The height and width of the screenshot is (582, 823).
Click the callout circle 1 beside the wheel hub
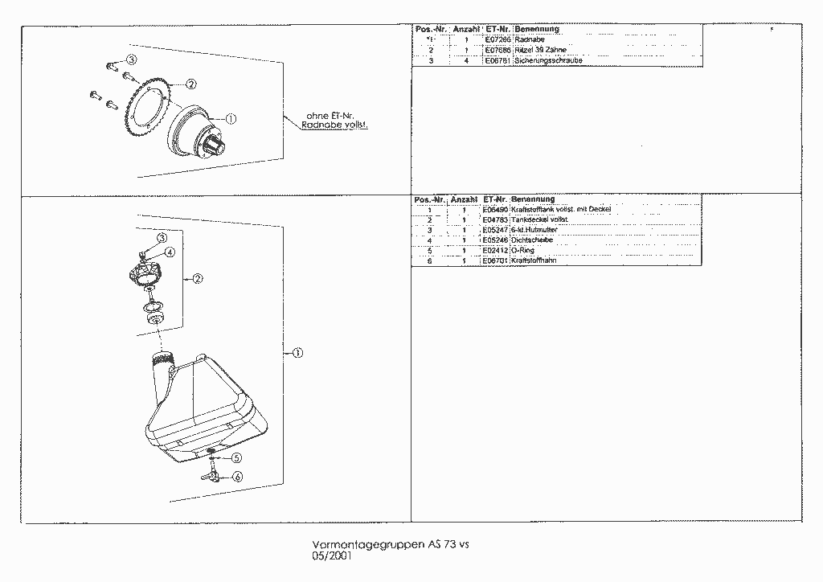[x=231, y=118]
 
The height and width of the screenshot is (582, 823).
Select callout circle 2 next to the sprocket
[x=191, y=84]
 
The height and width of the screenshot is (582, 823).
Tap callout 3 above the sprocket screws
[x=132, y=60]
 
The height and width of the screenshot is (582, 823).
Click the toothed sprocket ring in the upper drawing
[x=145, y=113]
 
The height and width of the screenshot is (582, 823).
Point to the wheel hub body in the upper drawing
[x=193, y=133]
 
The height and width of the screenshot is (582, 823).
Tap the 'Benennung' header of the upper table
[x=537, y=30]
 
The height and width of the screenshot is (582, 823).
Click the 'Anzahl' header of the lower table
[x=465, y=199]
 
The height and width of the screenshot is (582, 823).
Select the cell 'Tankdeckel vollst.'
[x=540, y=219]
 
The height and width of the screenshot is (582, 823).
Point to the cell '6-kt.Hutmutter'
[x=534, y=230]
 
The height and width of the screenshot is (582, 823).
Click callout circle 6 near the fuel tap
[x=238, y=477]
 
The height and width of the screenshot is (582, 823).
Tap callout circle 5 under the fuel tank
[x=237, y=457]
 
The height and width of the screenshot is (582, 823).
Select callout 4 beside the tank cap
[x=170, y=252]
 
